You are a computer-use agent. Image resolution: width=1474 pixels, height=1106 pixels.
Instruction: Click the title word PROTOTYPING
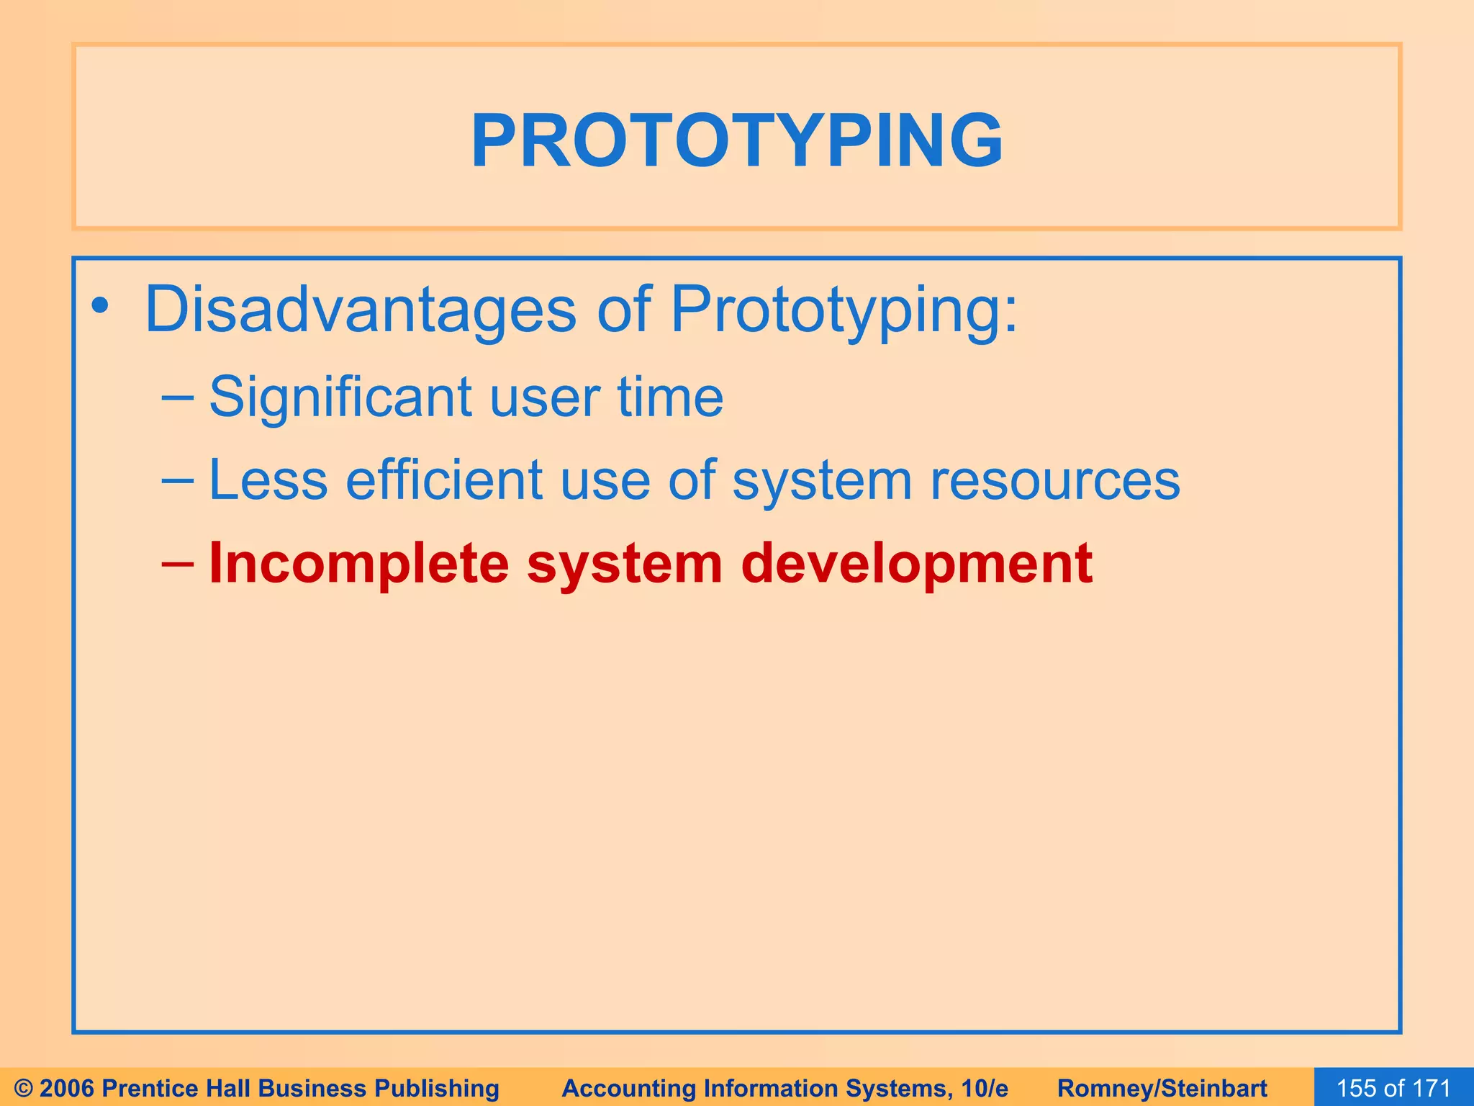pyautogui.click(x=736, y=141)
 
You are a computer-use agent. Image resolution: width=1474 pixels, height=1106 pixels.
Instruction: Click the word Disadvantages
pyautogui.click(x=360, y=310)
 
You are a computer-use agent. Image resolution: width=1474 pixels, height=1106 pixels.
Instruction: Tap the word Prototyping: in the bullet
pyautogui.click(x=844, y=310)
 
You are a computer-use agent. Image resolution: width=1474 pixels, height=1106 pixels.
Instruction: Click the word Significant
pyautogui.click(x=340, y=397)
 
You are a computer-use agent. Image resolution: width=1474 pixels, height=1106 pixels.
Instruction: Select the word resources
pyautogui.click(x=1054, y=480)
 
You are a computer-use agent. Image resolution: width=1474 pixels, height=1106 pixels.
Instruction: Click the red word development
pyautogui.click(x=916, y=564)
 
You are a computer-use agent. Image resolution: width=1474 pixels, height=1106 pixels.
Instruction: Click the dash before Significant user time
pyautogui.click(x=178, y=397)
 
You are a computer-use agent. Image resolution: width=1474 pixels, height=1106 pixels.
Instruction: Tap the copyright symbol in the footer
pyautogui.click(x=23, y=1088)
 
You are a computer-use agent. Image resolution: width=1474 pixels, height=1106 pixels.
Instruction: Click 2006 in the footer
pyautogui.click(x=68, y=1088)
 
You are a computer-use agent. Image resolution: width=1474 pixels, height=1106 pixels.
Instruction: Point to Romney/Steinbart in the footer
pyautogui.click(x=1162, y=1088)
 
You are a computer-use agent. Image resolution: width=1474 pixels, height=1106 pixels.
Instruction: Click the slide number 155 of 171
pyautogui.click(x=1393, y=1088)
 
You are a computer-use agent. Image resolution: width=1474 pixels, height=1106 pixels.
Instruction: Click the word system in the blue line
pyautogui.click(x=821, y=480)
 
